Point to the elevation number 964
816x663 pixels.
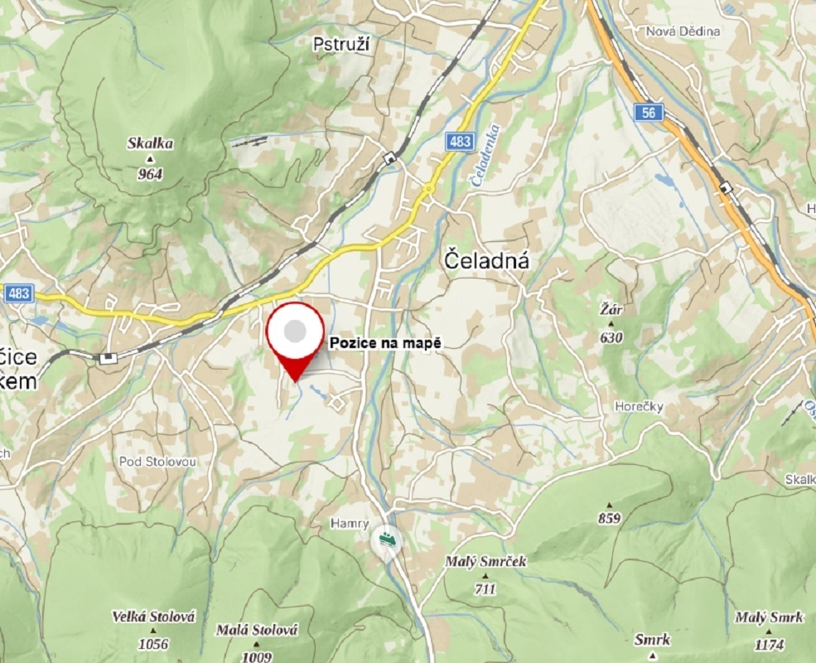click(x=151, y=174)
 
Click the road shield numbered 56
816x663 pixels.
click(x=651, y=114)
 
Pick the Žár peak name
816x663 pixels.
click(x=611, y=311)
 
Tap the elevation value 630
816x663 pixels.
click(x=611, y=337)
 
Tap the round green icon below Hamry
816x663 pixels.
click(x=386, y=540)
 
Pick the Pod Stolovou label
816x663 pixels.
click(x=156, y=461)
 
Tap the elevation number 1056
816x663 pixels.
click(x=153, y=644)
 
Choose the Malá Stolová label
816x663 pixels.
click(x=257, y=631)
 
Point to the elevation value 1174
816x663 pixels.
click(x=769, y=644)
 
